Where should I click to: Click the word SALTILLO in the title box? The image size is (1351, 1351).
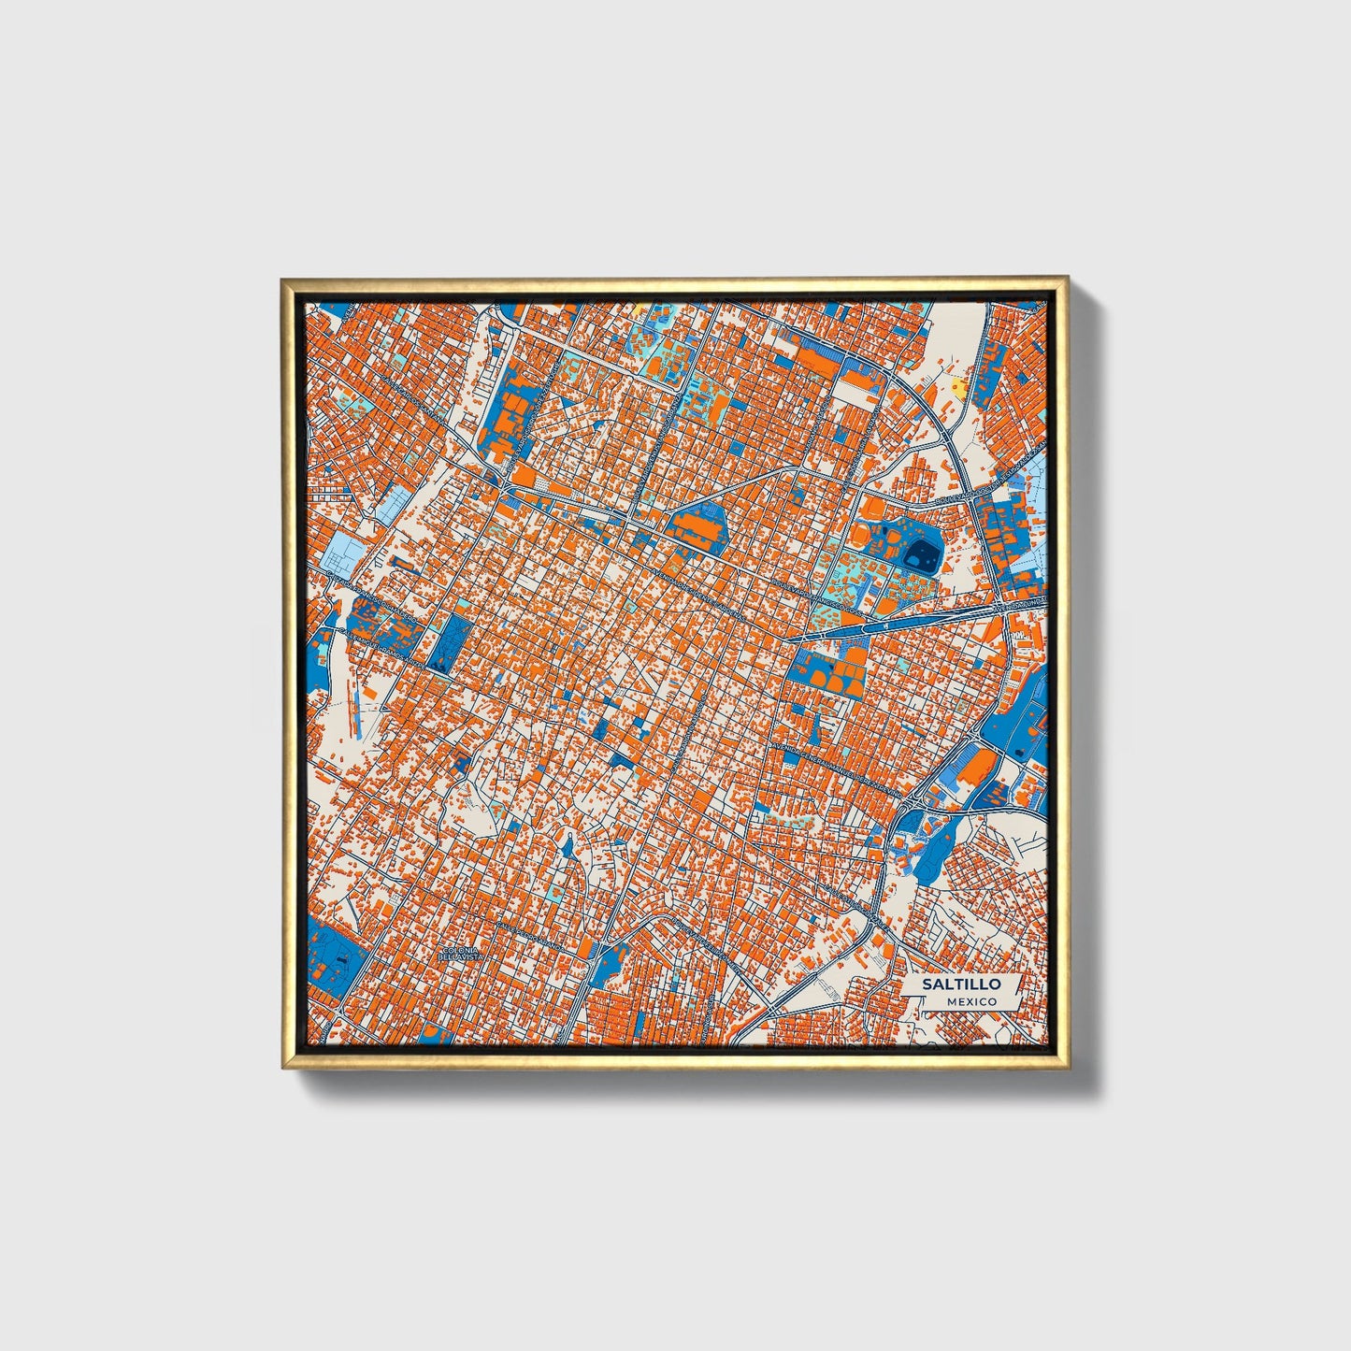tap(961, 985)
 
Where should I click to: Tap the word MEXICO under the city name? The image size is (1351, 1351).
tap(970, 1002)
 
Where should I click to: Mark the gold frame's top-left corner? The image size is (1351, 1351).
tap(284, 280)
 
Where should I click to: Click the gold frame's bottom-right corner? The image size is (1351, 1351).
tap(1066, 1068)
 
